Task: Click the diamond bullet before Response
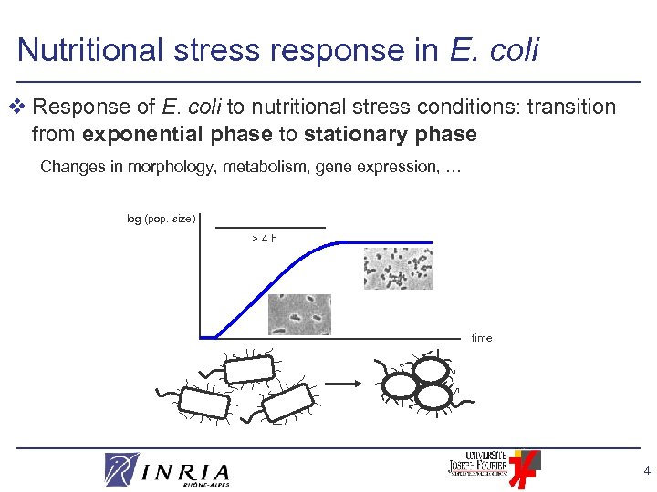pos(21,108)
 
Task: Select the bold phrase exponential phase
pos(177,135)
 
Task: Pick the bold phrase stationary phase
pos(391,135)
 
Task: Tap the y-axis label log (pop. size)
pos(162,219)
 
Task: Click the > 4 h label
pos(265,239)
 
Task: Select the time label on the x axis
pos(482,338)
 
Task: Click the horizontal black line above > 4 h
pos(270,227)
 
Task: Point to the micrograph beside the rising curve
pos(299,314)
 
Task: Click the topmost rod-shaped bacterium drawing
pos(248,368)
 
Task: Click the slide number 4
pos(646,472)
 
